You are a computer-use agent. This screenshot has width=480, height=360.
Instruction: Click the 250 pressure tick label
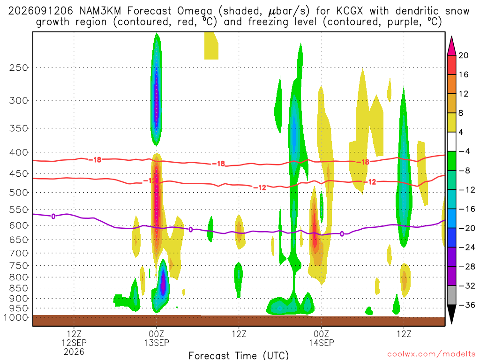[x=18, y=67]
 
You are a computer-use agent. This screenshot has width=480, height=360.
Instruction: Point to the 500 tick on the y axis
[x=18, y=193]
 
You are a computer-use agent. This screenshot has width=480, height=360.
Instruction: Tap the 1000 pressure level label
[x=15, y=317]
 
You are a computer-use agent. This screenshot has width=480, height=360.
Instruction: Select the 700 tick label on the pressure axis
[x=18, y=253]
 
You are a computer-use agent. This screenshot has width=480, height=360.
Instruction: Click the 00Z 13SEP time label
[x=157, y=338]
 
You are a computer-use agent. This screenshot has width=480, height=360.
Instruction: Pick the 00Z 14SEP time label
[x=321, y=338]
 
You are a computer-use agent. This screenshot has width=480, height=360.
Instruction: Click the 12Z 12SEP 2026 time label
[x=74, y=343]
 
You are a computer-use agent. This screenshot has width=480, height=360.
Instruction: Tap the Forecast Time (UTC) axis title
[x=239, y=355]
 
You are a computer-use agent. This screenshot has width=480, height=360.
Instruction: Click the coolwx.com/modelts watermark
[x=431, y=354]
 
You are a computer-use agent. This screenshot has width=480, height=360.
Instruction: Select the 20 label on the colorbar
[x=463, y=55]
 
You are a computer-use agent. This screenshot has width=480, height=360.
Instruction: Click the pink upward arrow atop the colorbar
[x=451, y=46]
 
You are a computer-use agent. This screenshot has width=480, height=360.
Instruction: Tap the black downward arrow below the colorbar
[x=451, y=314]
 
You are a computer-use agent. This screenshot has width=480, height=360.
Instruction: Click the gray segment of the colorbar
[x=451, y=295]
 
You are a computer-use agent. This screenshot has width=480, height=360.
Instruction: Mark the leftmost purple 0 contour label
[x=53, y=217]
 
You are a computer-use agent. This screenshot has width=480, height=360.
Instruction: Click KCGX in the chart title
[x=349, y=11]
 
